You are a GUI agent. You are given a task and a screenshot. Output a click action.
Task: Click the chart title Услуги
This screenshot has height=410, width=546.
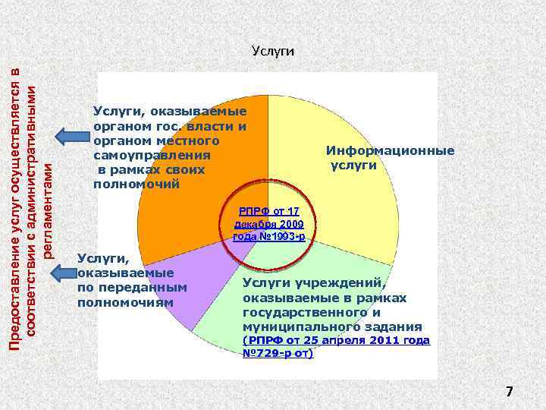272,52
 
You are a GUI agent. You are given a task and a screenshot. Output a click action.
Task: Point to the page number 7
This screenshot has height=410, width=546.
510,392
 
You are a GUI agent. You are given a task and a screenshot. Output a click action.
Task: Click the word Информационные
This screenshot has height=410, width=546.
391,151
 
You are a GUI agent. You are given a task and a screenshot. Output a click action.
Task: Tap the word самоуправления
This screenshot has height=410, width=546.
151,156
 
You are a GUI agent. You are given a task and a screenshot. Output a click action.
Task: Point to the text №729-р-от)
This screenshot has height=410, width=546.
277,353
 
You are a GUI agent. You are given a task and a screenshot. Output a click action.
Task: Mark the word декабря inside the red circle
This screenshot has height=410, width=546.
255,225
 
